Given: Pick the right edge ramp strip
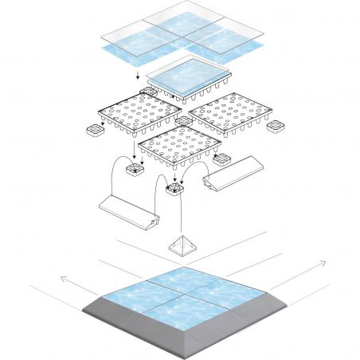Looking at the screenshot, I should pos(230,174).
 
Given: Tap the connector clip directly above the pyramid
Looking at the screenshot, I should pos(174,190).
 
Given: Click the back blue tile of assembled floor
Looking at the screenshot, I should pos(180,278).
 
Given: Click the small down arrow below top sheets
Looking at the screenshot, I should pos(139,75).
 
